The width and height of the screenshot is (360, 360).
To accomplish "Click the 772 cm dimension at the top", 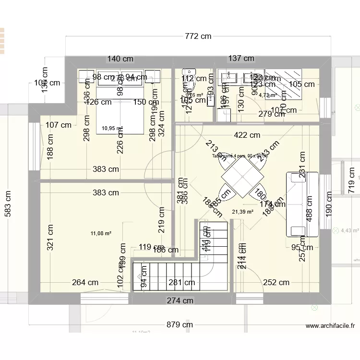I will click(197, 36).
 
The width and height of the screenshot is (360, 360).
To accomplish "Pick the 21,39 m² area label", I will click(242, 212).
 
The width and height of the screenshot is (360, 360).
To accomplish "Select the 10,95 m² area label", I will click(112, 128).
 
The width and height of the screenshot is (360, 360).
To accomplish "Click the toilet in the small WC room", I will click(186, 84).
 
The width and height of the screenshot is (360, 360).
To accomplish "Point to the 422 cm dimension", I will click(247, 136).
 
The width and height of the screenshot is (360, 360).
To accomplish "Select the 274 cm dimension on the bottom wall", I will click(180, 300).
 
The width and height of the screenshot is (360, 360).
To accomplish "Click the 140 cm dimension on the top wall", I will click(120, 59).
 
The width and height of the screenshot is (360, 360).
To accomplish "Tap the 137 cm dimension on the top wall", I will click(241, 59).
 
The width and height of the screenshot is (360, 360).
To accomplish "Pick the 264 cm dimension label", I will click(85, 283).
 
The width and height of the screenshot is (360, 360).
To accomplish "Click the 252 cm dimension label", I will click(276, 283).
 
